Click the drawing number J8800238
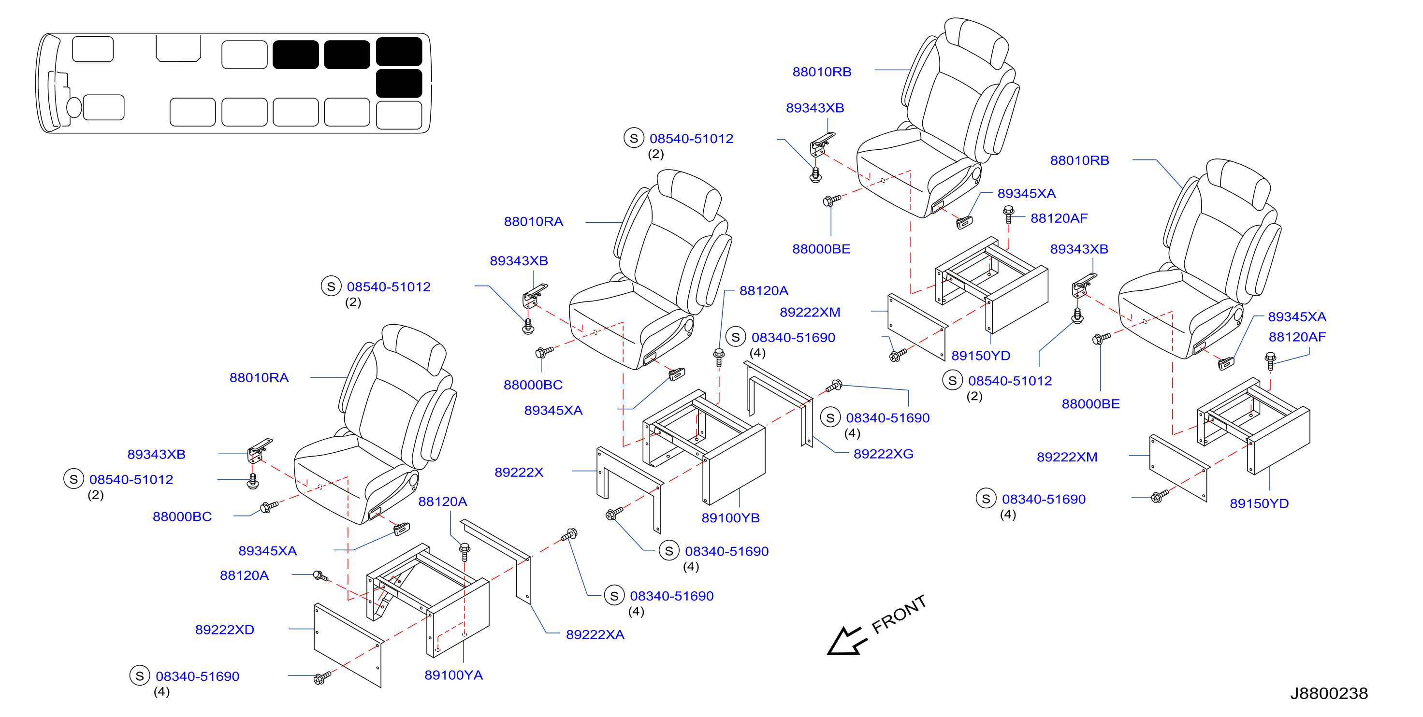(x=1329, y=693)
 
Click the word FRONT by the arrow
(x=899, y=614)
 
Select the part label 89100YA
(x=453, y=675)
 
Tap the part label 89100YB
(x=730, y=517)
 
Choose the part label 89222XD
(x=224, y=630)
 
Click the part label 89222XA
(x=595, y=635)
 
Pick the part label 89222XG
(x=883, y=454)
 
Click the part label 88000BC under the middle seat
(x=533, y=385)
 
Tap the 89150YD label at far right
(x=1259, y=503)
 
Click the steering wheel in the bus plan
(x=74, y=107)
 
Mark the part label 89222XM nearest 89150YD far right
(x=1067, y=457)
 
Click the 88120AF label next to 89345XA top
(x=1059, y=218)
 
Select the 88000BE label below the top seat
(x=821, y=248)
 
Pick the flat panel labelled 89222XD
(x=348, y=645)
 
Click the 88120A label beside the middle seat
(x=763, y=290)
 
